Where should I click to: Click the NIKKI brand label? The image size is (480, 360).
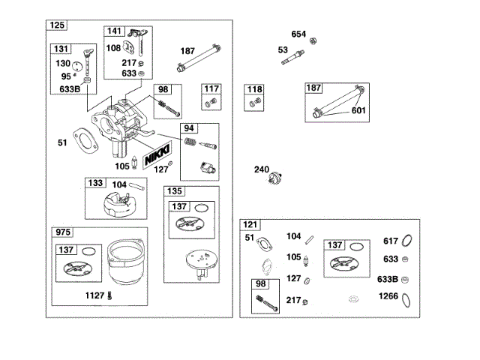click(157, 155)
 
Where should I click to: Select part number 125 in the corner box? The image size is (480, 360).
click(57, 25)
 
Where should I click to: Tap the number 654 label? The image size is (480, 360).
click(298, 34)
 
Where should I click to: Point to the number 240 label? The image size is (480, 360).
click(262, 169)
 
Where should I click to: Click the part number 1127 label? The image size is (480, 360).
click(95, 295)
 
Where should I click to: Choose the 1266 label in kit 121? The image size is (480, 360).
click(388, 296)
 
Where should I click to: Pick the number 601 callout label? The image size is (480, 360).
click(358, 110)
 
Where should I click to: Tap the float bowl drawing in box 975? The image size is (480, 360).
click(125, 262)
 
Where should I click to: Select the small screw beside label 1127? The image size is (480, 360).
click(110, 295)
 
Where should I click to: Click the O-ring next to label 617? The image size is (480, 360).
click(406, 241)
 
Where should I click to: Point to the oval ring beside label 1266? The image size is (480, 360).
click(406, 300)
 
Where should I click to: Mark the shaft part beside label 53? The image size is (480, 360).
click(292, 58)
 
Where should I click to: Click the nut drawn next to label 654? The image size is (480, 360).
click(313, 41)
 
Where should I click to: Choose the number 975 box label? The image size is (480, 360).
click(63, 232)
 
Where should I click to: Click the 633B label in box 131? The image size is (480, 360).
click(70, 89)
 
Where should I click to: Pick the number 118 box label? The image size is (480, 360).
click(255, 89)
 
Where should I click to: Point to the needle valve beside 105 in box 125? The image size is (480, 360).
click(134, 163)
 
